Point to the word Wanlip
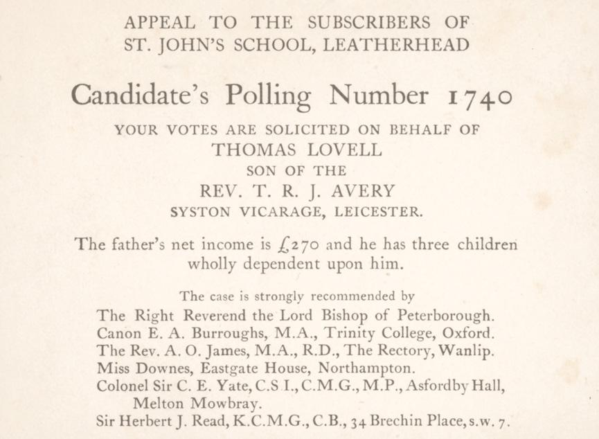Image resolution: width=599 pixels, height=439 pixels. click(x=470, y=351)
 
